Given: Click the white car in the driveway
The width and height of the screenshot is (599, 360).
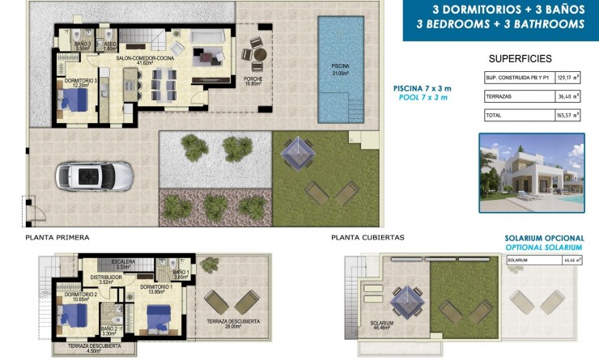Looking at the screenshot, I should (x=91, y=176).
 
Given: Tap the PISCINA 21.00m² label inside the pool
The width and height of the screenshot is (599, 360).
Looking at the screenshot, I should (x=340, y=70).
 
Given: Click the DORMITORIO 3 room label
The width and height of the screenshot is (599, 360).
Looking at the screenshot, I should (x=81, y=83).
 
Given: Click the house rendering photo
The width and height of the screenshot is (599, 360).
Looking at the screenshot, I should (x=530, y=173).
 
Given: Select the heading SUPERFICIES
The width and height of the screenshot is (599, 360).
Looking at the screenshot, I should (x=520, y=59).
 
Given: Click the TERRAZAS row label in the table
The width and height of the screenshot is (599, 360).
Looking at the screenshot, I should (x=501, y=97).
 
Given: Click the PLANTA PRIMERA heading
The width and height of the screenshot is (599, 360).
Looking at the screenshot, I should (x=57, y=238).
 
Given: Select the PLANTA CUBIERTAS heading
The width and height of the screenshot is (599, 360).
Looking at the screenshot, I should (x=367, y=238).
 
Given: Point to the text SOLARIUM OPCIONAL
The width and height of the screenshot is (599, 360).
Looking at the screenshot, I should (x=543, y=238).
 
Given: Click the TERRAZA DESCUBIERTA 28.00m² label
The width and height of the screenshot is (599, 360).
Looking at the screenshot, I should (x=233, y=323).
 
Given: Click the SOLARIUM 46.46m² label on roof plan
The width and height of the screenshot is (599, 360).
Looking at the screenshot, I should (x=382, y=324).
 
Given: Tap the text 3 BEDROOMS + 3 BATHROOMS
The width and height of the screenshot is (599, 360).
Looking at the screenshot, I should (x=500, y=24).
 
